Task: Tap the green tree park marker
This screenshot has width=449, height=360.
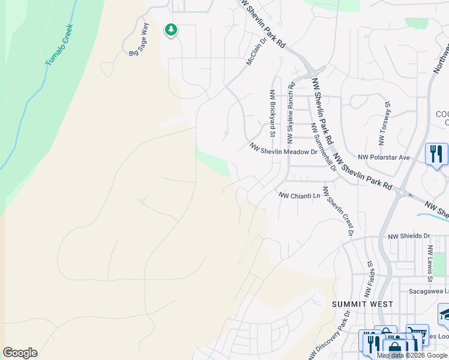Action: pyautogui.click(x=171, y=29)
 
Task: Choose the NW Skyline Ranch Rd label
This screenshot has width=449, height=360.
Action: pyautogui.click(x=291, y=114)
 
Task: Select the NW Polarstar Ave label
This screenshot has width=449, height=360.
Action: pyautogui.click(x=384, y=157)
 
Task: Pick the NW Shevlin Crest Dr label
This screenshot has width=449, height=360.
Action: pyautogui.click(x=337, y=211)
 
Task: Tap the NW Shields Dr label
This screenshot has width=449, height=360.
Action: pyautogui.click(x=409, y=237)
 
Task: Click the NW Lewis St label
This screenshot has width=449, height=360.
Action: pyautogui.click(x=430, y=263)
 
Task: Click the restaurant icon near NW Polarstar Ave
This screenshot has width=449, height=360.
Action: pyautogui.click(x=436, y=154)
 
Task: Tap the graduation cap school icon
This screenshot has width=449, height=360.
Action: pyautogui.click(x=445, y=314)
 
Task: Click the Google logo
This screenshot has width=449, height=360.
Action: pyautogui.click(x=20, y=353)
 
